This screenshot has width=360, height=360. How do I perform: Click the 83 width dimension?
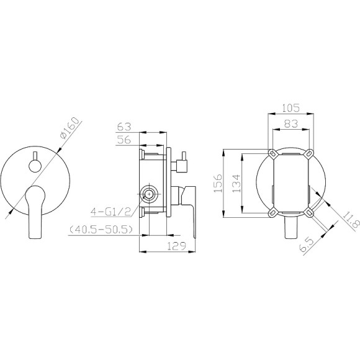tap(290, 124)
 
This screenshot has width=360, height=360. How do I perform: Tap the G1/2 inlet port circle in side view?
tap(149, 194)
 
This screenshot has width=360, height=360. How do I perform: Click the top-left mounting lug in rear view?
tap(272, 153)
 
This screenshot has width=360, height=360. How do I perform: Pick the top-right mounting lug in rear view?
tap(308, 153)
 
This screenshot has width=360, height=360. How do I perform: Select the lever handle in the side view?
tap(191, 205)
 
